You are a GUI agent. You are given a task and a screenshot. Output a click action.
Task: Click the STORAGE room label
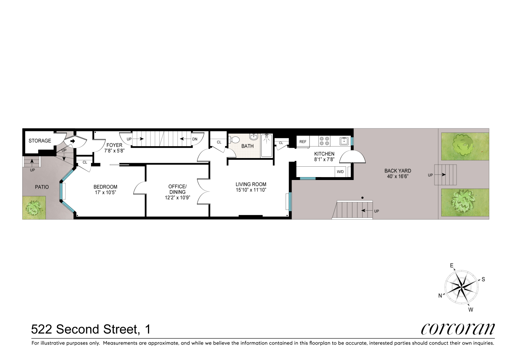40,141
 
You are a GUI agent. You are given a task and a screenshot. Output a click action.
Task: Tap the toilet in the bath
234,140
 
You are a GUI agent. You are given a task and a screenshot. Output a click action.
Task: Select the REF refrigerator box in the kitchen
303,141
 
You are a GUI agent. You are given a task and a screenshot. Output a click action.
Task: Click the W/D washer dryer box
340,172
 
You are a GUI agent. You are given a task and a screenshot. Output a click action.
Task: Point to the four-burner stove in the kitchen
324,141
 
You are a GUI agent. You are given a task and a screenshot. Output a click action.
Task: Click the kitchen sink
344,141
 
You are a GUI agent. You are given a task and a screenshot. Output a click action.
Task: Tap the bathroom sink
254,136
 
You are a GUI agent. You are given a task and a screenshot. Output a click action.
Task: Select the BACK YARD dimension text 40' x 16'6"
397,176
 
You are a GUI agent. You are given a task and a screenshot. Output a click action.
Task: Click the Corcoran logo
458,328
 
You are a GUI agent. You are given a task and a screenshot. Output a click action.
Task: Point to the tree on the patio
34,208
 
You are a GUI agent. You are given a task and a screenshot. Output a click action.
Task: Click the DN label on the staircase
195,139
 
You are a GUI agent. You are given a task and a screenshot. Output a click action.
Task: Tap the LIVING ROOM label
251,184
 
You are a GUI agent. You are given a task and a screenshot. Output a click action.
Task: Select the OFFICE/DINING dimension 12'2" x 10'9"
177,198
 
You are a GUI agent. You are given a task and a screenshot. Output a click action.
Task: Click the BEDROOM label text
105,187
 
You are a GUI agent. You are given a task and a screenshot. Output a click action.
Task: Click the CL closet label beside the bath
219,142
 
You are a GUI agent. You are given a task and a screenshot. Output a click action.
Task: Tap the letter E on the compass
452,266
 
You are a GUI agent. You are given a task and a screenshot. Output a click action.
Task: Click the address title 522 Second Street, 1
91,329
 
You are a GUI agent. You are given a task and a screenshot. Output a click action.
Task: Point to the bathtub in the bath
267,145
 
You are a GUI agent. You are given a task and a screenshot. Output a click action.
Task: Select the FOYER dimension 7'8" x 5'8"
114,151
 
